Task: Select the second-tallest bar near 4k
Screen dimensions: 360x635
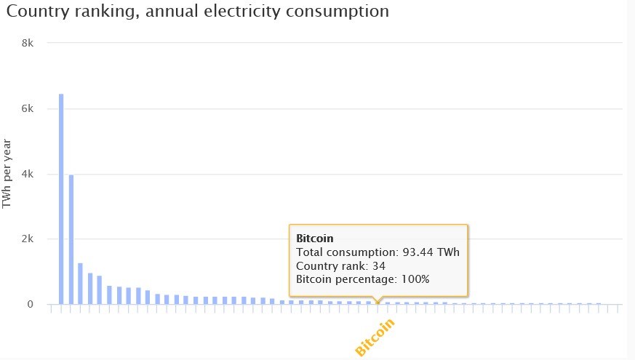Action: click(x=71, y=239)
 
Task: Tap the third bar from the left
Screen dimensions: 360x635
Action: click(x=81, y=284)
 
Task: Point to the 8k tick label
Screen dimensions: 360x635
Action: click(x=28, y=43)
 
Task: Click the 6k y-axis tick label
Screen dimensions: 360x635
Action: click(x=28, y=108)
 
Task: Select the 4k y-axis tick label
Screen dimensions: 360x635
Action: click(x=28, y=174)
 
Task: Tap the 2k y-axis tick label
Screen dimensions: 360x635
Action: click(x=28, y=239)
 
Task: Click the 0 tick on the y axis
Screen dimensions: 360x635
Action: click(x=31, y=305)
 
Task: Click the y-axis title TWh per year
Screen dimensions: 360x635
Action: click(x=8, y=174)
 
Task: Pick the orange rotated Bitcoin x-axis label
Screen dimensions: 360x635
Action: click(x=375, y=337)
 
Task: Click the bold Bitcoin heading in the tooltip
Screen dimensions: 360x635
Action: click(x=314, y=238)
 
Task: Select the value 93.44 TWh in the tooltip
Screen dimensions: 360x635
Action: click(x=428, y=252)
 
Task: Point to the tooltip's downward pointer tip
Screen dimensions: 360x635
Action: click(x=377, y=302)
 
